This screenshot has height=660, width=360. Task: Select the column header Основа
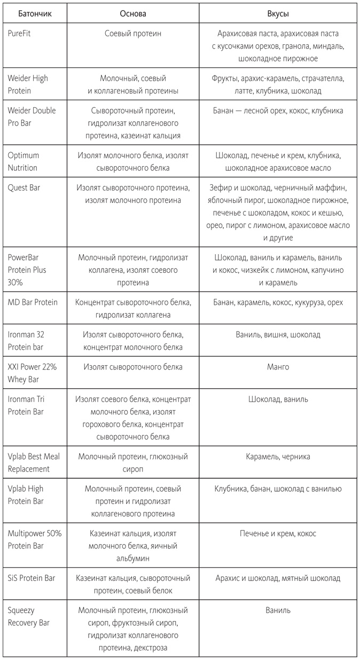pyautogui.click(x=133, y=14)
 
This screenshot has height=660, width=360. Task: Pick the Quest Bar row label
pyautogui.click(x=24, y=187)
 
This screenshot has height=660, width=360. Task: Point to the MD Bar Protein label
pyautogui.click(x=33, y=302)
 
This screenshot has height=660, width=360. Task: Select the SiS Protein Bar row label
pyautogui.click(x=31, y=578)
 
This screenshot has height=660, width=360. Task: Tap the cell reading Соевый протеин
pyautogui.click(x=133, y=34)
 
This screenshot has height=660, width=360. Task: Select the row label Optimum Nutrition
pyautogui.click(x=24, y=161)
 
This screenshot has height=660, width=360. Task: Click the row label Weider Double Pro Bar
pyautogui.click(x=32, y=116)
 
